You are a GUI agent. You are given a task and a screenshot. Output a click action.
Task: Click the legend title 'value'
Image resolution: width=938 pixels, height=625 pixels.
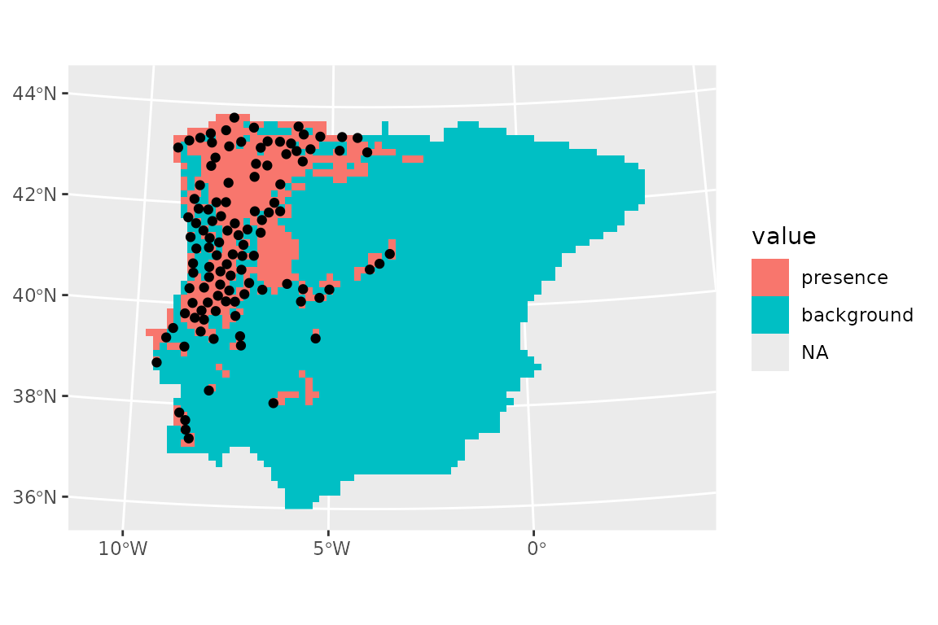[783, 237]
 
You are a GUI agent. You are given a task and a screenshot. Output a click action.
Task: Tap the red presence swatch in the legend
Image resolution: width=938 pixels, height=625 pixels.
[770, 278]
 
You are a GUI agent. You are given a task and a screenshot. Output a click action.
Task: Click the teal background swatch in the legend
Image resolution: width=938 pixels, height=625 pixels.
[770, 315]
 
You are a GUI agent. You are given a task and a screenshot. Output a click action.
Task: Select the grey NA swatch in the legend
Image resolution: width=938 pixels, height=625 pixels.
[770, 352]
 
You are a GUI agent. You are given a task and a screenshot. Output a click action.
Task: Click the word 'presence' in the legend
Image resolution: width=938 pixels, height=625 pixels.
[844, 278]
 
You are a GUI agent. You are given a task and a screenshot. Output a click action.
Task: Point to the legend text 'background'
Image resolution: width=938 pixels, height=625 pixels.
[857, 315]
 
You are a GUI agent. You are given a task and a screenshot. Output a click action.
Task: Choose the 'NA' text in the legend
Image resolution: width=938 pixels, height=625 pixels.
[814, 352]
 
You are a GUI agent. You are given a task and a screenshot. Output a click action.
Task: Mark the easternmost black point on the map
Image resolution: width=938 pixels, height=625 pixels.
[390, 254]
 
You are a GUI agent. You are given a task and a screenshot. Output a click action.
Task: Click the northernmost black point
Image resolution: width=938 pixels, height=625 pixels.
[234, 118]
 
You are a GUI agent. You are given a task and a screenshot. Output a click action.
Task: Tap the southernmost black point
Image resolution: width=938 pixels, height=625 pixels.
[188, 439]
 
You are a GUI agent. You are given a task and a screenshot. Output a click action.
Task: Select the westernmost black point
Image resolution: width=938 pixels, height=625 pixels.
[156, 362]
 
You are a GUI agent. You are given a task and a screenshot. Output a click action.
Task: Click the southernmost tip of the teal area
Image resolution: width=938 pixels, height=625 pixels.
[298, 506]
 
